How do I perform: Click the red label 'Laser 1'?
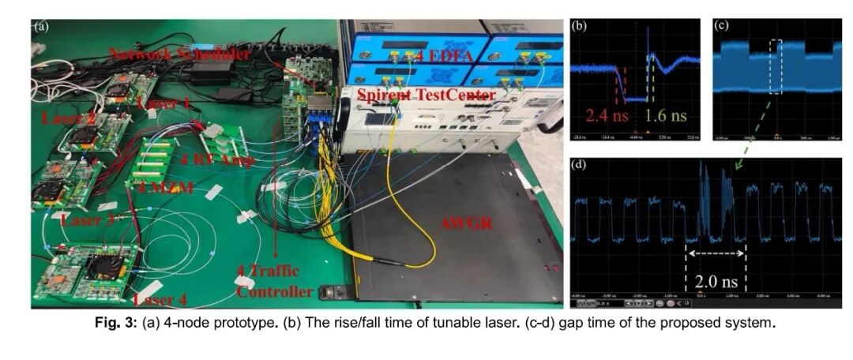[x=163, y=103]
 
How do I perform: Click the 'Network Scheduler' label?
[x=180, y=54]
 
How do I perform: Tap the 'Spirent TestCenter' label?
[x=426, y=96]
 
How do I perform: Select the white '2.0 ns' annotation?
[x=716, y=281]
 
